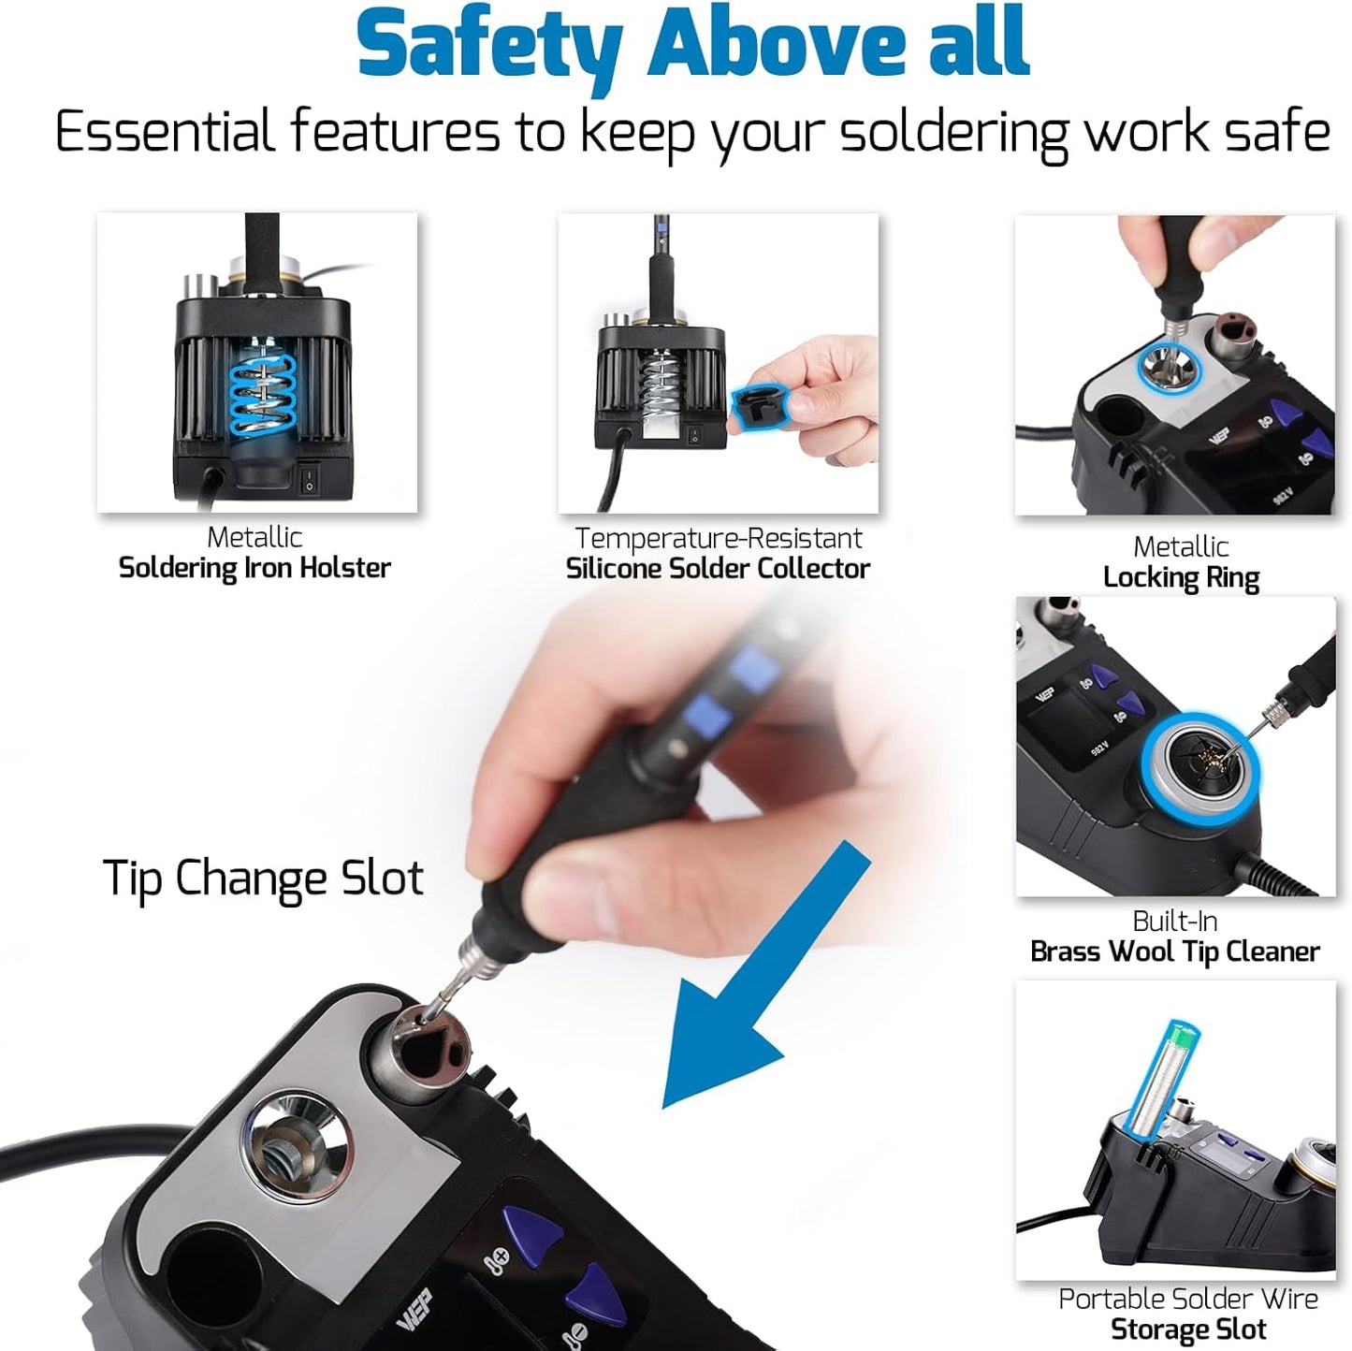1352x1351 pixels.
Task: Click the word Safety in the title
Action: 488,45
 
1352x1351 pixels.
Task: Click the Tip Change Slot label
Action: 263,879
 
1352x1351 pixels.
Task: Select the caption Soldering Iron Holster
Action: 254,568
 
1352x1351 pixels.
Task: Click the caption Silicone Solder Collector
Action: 718,569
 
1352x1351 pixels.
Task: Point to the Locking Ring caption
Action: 1181,578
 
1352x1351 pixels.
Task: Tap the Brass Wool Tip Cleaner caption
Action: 1174,952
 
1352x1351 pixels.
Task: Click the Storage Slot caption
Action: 1188,1329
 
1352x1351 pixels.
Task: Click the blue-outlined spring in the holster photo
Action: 263,395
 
